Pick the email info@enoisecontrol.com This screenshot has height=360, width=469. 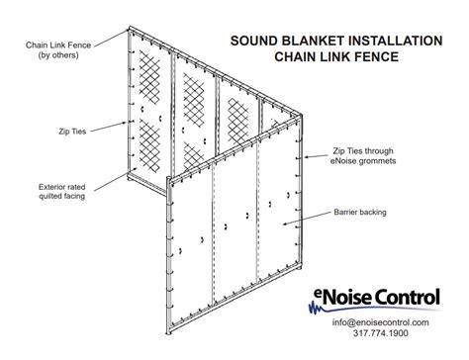pos(381,322)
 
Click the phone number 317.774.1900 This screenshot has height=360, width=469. pos(381,334)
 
